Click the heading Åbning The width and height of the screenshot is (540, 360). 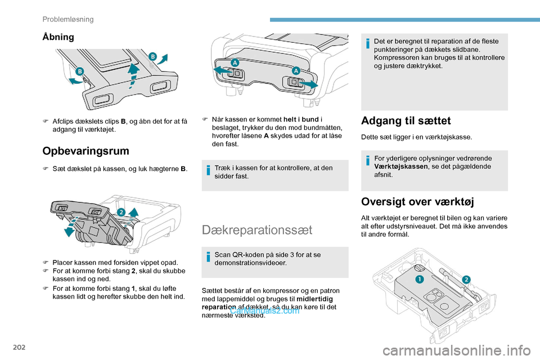click(58, 37)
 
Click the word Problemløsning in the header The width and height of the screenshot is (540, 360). click(68, 19)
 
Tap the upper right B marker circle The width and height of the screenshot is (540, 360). click(152, 56)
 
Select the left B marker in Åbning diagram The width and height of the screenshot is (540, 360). click(80, 71)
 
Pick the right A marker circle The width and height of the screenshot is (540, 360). click(295, 70)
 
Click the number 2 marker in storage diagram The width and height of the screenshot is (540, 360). click(120, 211)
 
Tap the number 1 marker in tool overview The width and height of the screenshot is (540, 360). click(419, 280)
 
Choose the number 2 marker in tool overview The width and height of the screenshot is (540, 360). click(466, 280)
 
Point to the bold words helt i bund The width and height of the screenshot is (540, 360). click(301, 119)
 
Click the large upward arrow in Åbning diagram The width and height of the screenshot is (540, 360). click(133, 74)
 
